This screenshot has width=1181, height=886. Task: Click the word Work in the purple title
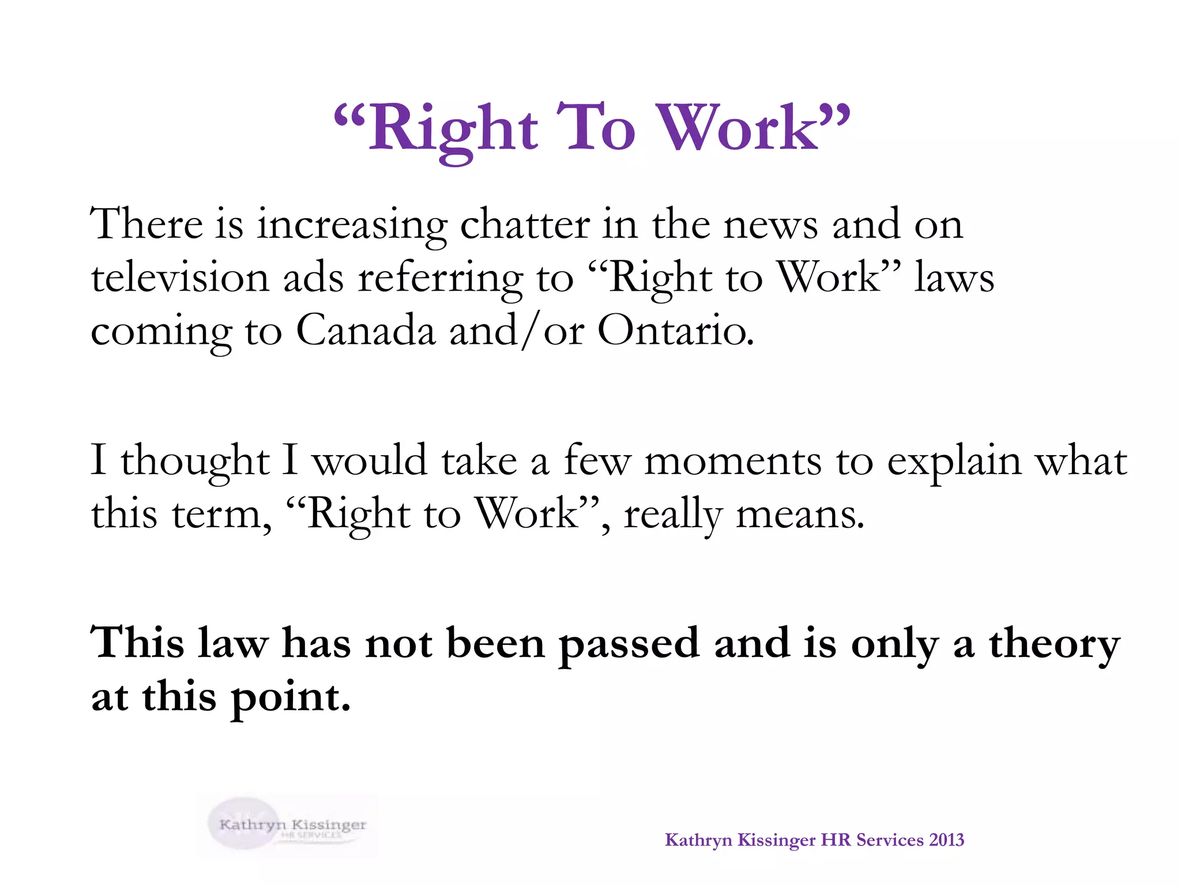point(744,128)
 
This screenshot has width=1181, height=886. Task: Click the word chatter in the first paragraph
point(525,224)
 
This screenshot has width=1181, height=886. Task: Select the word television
point(180,277)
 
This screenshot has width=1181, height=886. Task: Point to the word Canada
point(366,331)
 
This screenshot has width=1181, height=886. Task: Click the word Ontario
point(675,331)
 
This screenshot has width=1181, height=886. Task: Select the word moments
point(732,461)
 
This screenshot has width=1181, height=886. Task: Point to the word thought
point(195,462)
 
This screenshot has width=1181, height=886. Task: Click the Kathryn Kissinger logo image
point(287,825)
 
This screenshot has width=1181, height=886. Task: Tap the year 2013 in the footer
point(946,840)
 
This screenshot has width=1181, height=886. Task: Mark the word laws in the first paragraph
point(954,277)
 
